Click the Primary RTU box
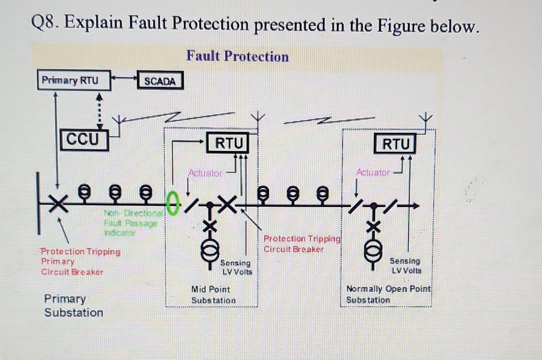click(74, 80)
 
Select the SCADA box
click(160, 81)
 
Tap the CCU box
click(84, 139)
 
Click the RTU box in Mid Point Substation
click(228, 143)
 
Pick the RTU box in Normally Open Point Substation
click(395, 144)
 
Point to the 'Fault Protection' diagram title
click(237, 56)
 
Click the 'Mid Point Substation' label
click(213, 295)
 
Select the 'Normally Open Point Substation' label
click(388, 294)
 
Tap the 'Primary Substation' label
click(73, 306)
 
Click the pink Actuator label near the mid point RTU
click(205, 173)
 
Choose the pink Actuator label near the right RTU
click(373, 172)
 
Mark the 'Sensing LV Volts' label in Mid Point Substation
click(236, 267)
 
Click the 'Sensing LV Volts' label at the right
click(405, 266)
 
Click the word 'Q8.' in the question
click(45, 23)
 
